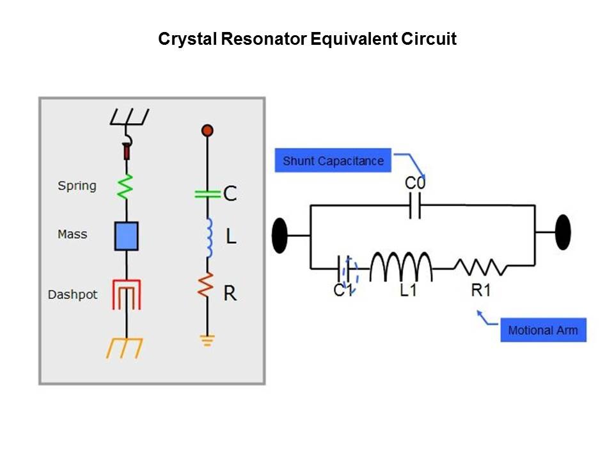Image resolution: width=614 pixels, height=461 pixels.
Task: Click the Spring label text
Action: click(77, 186)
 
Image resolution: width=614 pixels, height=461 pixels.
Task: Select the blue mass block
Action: click(126, 236)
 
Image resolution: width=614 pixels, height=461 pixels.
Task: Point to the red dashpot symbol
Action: click(127, 295)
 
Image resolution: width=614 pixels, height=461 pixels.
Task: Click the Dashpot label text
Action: click(73, 295)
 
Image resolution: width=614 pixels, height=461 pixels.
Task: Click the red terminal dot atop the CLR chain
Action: click(207, 131)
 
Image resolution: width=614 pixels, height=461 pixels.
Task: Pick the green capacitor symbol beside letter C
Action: click(207, 192)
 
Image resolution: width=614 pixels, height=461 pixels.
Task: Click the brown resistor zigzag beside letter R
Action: click(207, 286)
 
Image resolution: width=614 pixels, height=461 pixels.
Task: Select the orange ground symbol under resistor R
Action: click(207, 340)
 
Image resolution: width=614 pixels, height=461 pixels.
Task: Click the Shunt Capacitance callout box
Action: click(333, 161)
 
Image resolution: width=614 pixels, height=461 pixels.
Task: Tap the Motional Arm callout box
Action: click(542, 330)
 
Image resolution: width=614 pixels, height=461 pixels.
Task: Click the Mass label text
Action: click(72, 234)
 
